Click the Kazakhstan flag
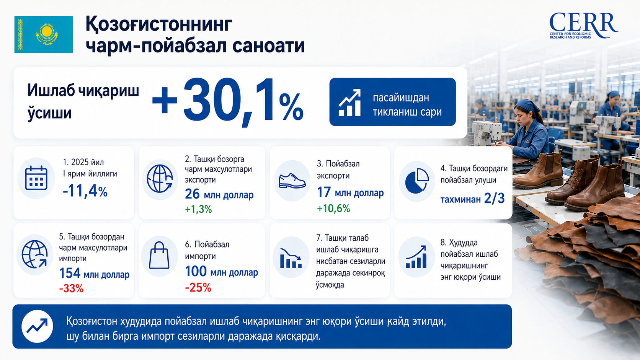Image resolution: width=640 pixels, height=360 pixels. coord(43,34)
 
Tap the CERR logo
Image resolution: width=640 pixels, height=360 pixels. coord(583,25)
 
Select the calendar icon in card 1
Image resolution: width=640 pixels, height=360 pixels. coord(36,178)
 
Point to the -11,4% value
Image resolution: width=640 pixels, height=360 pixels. coord(85,191)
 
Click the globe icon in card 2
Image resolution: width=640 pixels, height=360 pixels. coord(160,179)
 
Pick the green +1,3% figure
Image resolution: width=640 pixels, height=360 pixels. coord(198,209)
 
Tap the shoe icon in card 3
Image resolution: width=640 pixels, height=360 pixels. coord(292,181)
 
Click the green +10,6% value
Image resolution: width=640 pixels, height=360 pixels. coord(333,209)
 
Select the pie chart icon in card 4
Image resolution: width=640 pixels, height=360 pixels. coord(417,181)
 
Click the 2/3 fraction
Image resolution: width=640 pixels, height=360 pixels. coord(494,199)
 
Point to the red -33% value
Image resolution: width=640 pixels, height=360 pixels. coord(71,288)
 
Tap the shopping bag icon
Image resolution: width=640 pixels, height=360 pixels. coord(159,256)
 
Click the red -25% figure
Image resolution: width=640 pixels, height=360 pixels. coord(198,287)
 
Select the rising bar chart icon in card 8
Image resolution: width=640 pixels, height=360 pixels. coord(416,257)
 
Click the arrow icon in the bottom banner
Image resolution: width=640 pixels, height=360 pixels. coord(37,326)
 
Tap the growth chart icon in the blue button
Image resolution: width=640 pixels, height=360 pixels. coord(349,103)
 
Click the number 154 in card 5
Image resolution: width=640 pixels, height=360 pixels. coord(70,273)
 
